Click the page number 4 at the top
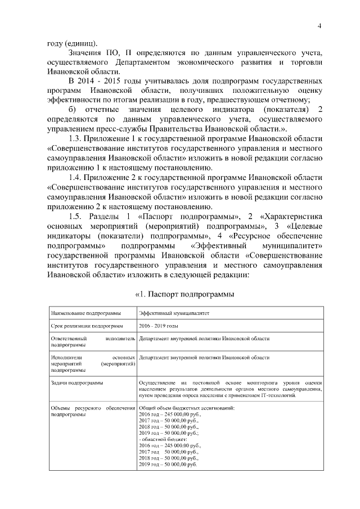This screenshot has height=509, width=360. (x=319, y=26)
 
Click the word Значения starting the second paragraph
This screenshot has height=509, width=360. (x=85, y=53)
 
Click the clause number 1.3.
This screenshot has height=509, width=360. (x=76, y=139)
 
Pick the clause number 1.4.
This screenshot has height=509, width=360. (x=76, y=177)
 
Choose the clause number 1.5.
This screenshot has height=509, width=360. (x=76, y=216)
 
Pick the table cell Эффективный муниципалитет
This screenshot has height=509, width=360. (x=175, y=313)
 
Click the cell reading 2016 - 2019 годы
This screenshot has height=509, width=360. (x=159, y=326)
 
